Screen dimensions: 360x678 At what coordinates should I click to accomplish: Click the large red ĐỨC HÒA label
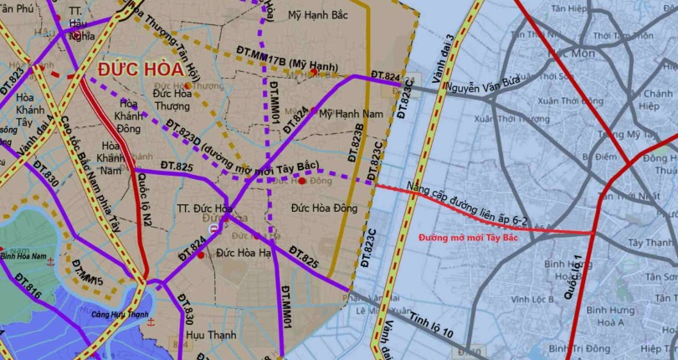point(143,69)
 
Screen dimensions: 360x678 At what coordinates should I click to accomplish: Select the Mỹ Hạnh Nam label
point(351,112)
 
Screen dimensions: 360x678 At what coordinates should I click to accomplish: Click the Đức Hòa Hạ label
point(244,250)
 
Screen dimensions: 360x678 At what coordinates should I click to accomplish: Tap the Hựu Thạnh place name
point(212,336)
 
